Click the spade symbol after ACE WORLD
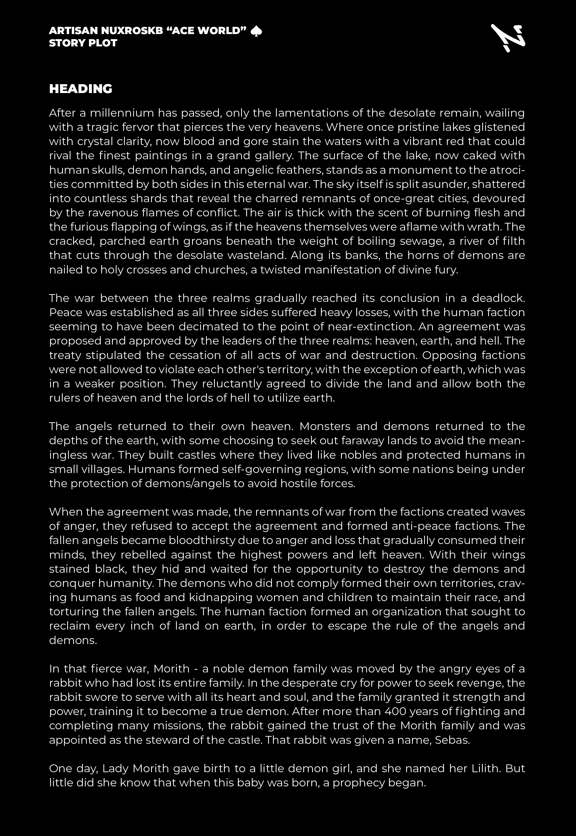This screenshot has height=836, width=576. click(x=256, y=31)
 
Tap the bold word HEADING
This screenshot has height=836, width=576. click(x=80, y=89)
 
